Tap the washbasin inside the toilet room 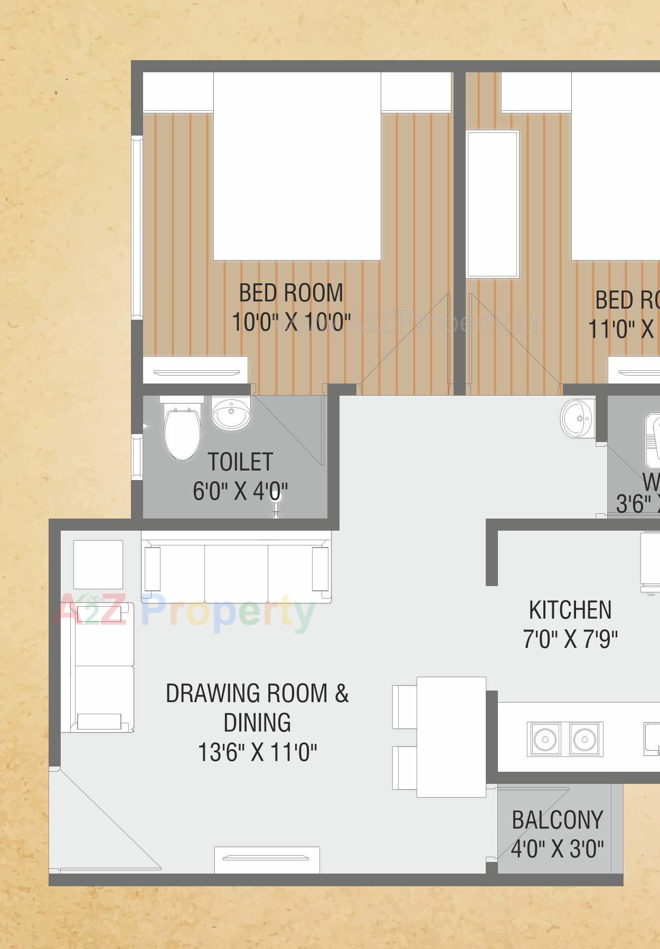[x=230, y=413]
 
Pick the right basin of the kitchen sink [x=585, y=739]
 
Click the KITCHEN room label [x=570, y=610]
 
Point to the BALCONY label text [x=557, y=820]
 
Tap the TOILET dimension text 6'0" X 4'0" [x=240, y=492]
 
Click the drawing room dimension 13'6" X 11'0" [x=257, y=752]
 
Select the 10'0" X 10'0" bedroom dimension [x=291, y=321]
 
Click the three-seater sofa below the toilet [x=236, y=567]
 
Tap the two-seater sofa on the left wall [x=97, y=667]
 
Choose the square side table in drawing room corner [x=98, y=564]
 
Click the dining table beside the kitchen [x=451, y=736]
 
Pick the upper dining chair [x=405, y=707]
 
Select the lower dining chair [x=405, y=768]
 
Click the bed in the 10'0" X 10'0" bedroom [x=297, y=166]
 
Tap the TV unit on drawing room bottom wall [x=267, y=859]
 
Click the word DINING [x=257, y=723]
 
